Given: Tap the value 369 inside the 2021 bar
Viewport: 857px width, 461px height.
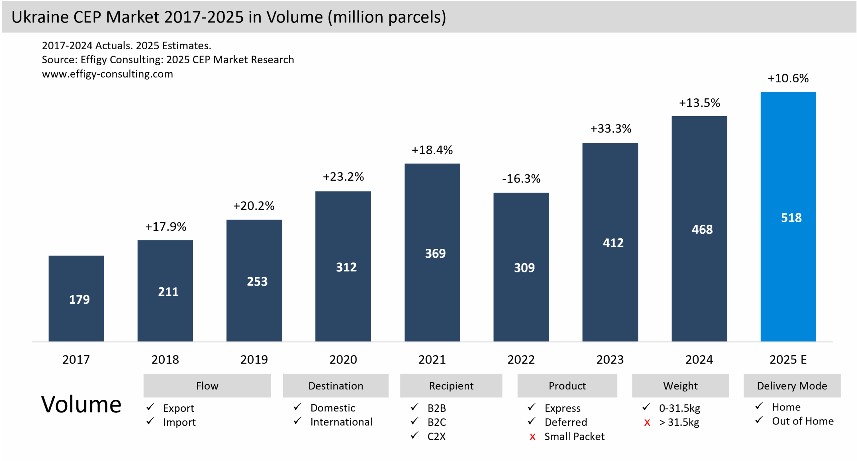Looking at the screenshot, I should point(435,253).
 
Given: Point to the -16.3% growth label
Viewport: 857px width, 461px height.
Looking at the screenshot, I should point(521,179).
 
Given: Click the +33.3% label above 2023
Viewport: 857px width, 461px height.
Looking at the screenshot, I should point(610,129).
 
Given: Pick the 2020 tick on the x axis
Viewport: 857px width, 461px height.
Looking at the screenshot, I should point(343,360).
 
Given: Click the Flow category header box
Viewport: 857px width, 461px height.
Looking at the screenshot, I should point(207,386).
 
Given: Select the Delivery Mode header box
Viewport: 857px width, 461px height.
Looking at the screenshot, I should point(792,386).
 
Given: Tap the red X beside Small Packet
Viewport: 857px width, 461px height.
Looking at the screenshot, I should point(532,437).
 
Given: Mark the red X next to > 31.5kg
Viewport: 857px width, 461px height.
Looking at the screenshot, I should point(647,423).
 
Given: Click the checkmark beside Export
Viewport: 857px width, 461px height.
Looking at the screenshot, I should point(150,407).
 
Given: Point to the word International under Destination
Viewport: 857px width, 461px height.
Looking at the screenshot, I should point(341,422).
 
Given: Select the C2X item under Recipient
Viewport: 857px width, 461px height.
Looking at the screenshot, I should point(436,437).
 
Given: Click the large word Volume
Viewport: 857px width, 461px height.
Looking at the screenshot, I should point(81,404).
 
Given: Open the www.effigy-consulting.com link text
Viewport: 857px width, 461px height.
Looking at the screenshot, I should point(107,74).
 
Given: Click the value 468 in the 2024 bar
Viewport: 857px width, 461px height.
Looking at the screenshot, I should point(702,230).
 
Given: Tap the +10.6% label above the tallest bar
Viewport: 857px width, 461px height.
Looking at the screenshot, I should point(788,78).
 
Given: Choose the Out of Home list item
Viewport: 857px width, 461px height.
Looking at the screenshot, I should point(802,421).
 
